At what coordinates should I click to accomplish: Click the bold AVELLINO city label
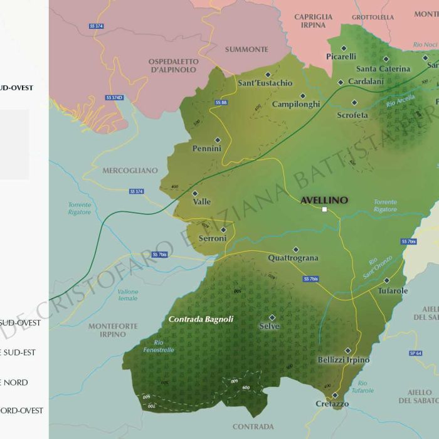tap(324, 200)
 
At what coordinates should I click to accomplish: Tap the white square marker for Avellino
tap(324, 209)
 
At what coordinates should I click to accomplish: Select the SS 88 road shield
tap(221, 102)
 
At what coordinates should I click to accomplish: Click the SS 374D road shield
tap(114, 98)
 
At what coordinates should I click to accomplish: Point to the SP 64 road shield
tap(416, 353)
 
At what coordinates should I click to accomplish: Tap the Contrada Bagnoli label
tap(201, 319)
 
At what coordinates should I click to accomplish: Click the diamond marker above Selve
tap(272, 317)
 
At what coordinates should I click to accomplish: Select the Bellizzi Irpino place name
tap(344, 360)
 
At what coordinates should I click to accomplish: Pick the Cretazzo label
tap(332, 404)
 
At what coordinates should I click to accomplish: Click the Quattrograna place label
tap(293, 258)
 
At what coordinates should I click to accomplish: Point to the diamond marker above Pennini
tap(218, 140)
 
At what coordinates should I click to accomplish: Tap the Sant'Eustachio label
tap(265, 83)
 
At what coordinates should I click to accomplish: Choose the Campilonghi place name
tap(296, 104)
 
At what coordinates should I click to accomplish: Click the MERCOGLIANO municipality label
tap(130, 171)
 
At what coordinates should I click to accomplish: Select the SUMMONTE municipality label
tap(246, 50)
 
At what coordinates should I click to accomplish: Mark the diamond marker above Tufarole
tap(387, 280)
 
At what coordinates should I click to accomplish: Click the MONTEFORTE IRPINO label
tap(107, 330)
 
